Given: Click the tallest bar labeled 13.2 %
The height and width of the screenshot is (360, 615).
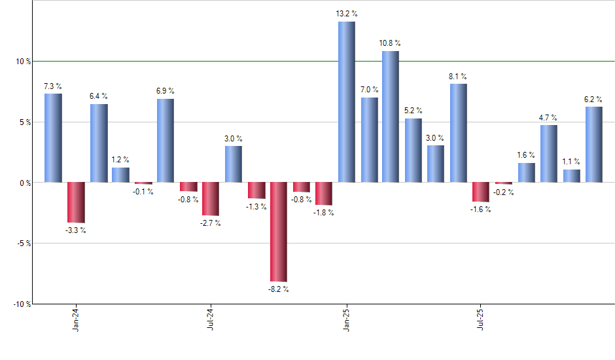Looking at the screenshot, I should pos(347,101).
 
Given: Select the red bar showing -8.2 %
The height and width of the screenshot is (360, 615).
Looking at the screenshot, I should pos(279,232).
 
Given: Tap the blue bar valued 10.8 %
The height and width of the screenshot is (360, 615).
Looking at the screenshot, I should pos(391,117).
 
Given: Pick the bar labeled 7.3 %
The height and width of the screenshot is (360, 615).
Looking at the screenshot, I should pos(54,137).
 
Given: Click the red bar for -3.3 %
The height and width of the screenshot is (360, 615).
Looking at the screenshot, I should pos(76,202).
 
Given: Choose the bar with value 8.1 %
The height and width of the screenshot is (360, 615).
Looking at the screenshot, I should pos(459,133).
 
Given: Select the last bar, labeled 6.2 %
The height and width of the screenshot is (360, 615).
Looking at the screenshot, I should pos(594,144).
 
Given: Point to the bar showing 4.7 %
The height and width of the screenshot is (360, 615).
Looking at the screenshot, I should pos(549,153).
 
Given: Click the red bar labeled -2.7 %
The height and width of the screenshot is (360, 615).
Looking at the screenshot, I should pos(211,198).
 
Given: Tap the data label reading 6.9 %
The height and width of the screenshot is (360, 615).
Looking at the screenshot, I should pos(166,91).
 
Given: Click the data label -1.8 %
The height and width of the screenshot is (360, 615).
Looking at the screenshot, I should pos(324,213).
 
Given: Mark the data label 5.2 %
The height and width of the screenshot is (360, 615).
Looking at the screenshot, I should pos(413,111).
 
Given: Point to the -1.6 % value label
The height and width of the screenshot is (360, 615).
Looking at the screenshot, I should pos(481,209).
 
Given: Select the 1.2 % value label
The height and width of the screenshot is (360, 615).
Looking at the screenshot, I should pos(120,160).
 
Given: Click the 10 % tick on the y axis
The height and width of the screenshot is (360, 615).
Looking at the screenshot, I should pos(24,62).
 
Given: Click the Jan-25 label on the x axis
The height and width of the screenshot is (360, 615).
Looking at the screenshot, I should pos(346,318).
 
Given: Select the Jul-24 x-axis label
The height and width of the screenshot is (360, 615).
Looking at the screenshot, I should pos(211,318).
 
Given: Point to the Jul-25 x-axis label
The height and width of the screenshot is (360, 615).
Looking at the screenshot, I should pos(481,318).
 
